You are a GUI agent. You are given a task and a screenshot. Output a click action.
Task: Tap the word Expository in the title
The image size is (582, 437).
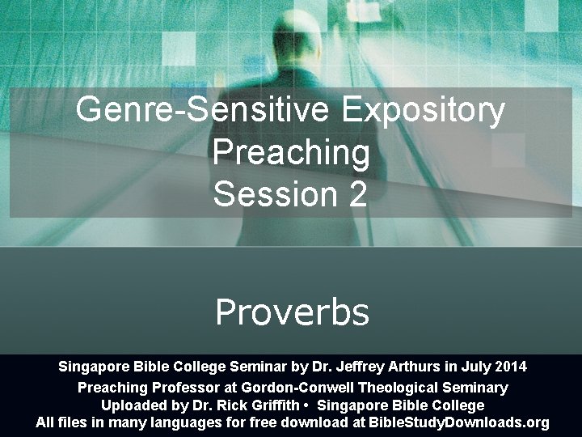pos(424,110)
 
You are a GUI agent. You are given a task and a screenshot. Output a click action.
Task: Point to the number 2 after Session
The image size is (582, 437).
pos(358,193)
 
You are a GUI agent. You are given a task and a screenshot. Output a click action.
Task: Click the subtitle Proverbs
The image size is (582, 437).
pos(292,312)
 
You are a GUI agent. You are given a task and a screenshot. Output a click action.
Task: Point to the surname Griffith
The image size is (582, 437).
pos(273,405)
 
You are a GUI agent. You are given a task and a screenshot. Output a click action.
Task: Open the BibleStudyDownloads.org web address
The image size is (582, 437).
pos(458,422)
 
